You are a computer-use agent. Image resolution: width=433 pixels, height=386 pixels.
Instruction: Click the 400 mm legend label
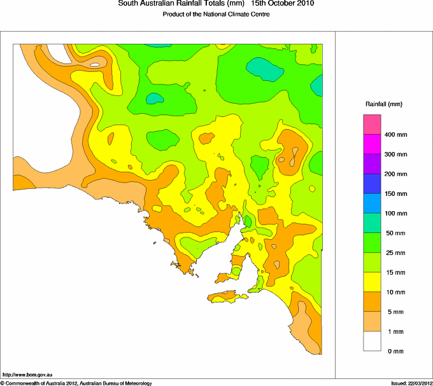tap(395, 135)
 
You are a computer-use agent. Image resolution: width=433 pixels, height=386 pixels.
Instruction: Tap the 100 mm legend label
tap(395, 214)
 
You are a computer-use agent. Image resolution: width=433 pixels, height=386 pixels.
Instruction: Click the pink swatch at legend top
tap(372, 124)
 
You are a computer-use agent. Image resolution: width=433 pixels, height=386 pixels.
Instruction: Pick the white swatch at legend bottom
tap(372, 341)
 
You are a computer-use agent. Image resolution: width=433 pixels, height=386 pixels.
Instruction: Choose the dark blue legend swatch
tap(372, 184)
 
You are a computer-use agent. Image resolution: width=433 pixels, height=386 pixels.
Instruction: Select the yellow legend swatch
tap(372, 282)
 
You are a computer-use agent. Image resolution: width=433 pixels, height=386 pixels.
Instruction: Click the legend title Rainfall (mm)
tap(384, 104)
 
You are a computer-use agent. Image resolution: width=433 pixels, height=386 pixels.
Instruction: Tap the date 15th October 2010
tap(283, 4)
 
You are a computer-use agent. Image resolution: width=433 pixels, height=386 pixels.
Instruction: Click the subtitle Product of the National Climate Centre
tap(216, 14)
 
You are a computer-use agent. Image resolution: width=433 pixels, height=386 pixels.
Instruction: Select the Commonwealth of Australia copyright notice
tap(76, 383)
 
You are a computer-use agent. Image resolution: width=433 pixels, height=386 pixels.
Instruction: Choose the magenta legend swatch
tap(372, 144)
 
